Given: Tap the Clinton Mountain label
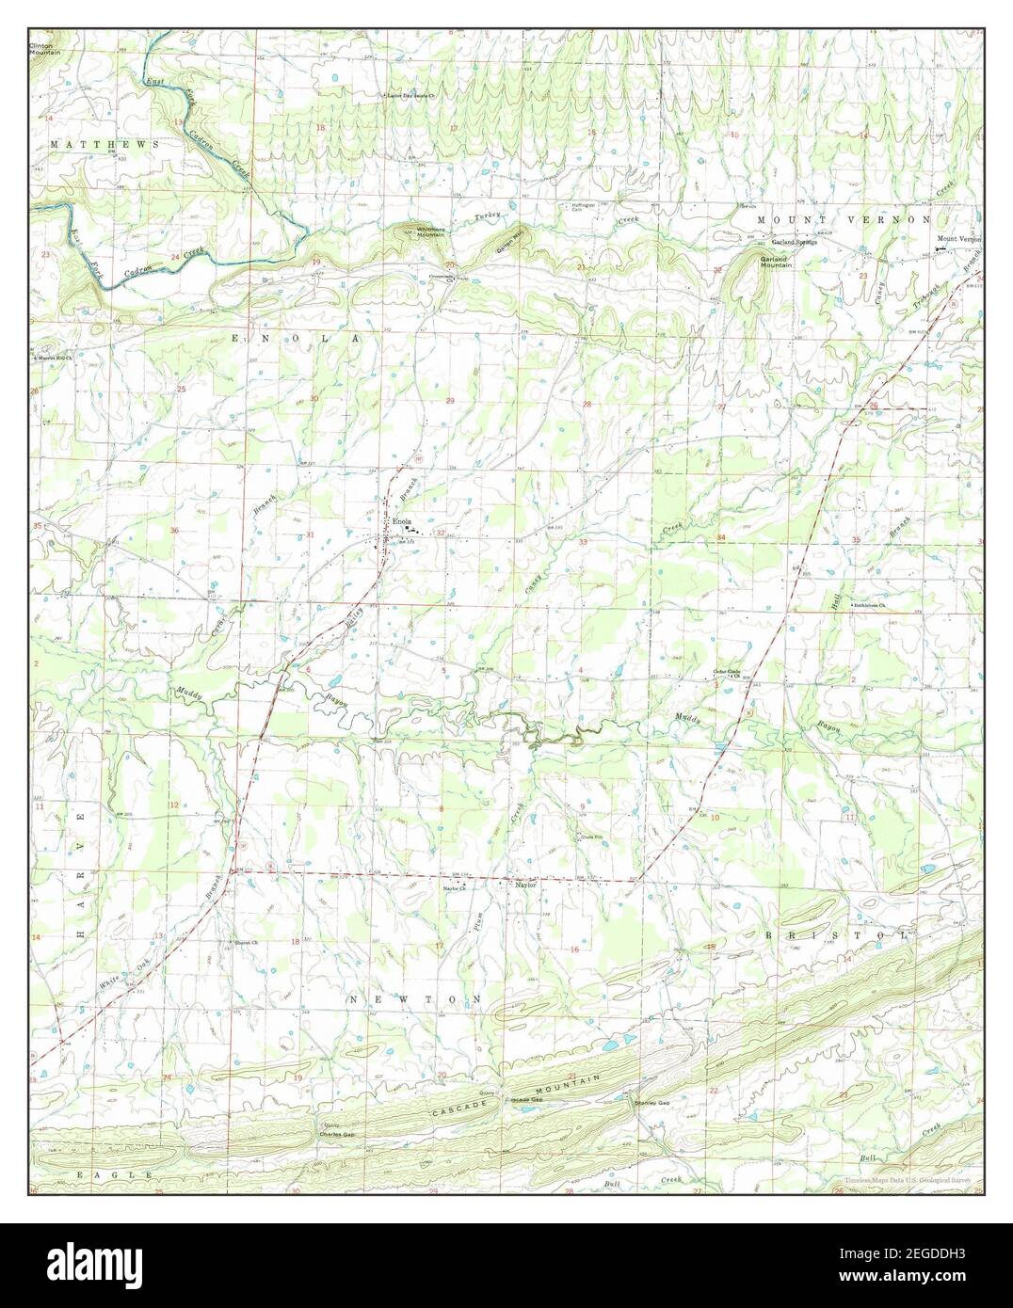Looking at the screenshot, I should [44, 48].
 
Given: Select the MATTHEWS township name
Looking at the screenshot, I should [90, 144].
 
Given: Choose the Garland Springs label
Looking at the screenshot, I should [796, 242].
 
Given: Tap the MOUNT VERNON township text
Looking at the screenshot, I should [844, 218].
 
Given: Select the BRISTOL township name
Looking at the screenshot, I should [836, 935].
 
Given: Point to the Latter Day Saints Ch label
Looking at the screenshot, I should [415, 95].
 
